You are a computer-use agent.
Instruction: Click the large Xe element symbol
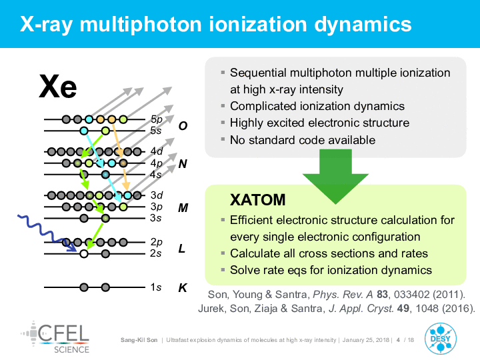(58, 87)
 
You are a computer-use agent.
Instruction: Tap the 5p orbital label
(157, 119)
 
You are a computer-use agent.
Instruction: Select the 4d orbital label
(157, 151)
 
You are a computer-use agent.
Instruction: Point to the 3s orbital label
(156, 218)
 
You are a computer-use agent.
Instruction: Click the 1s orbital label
(156, 287)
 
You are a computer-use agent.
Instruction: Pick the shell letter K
(183, 288)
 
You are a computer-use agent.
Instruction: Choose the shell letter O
(183, 126)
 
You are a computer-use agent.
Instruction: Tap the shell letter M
(183, 208)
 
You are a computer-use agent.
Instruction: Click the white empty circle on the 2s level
(83, 254)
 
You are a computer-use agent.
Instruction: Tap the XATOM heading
(258, 200)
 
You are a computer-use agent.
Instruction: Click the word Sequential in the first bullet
(258, 73)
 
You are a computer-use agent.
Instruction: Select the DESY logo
(441, 339)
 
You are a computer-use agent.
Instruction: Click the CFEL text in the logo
(64, 333)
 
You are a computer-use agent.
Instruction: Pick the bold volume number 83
(383, 295)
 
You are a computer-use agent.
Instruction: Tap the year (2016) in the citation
(458, 308)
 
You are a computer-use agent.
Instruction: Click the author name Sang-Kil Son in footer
(139, 340)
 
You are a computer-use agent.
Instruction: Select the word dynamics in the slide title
(363, 24)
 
